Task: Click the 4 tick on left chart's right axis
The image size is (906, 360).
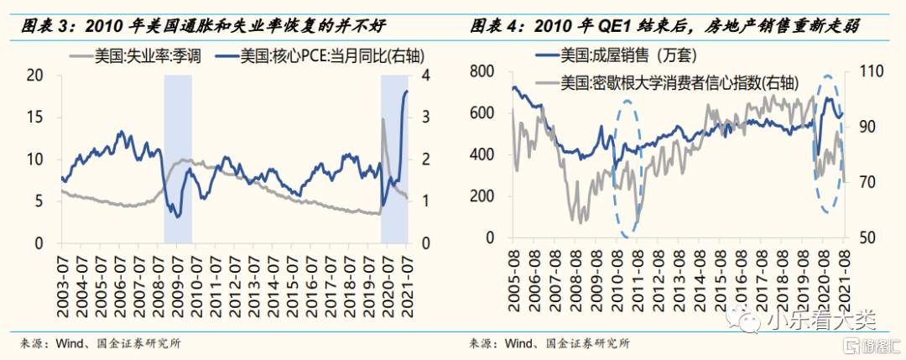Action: click(425, 75)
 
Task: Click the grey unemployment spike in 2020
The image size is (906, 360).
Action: click(383, 122)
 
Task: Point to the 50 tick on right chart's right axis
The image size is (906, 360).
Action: click(870, 237)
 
